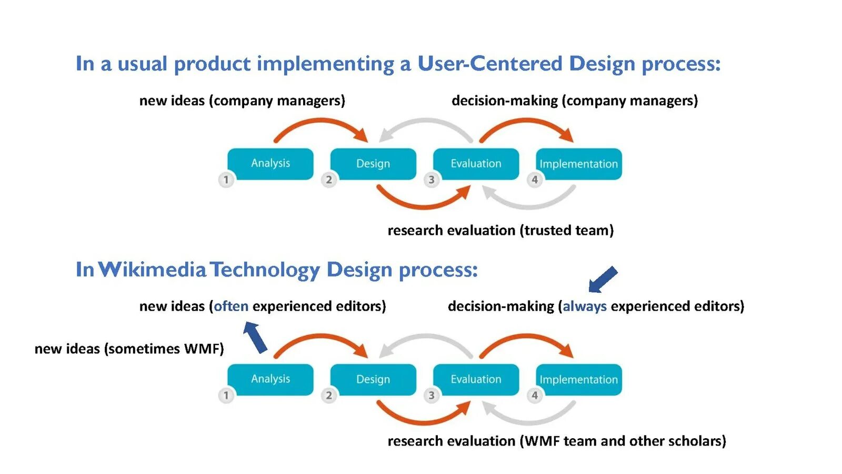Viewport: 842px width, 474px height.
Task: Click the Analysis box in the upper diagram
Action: pos(270,163)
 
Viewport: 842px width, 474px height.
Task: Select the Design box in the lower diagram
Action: pos(373,379)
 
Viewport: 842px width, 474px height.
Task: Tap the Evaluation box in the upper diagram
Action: pos(476,163)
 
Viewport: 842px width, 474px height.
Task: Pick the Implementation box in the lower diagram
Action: pos(578,379)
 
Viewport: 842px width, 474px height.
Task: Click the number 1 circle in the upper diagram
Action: pos(226,180)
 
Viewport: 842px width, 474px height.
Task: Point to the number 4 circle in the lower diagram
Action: pos(535,395)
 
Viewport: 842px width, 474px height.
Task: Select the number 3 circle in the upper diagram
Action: pos(432,180)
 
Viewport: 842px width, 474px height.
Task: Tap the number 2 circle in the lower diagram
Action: pos(329,395)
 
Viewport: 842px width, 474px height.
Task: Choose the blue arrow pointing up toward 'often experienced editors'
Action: pos(255,337)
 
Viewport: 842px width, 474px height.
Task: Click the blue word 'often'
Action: pos(231,306)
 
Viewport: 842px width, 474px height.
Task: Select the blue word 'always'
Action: pos(585,306)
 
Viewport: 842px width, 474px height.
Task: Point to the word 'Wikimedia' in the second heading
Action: pos(152,270)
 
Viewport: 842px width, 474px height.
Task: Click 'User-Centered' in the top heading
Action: pos(490,64)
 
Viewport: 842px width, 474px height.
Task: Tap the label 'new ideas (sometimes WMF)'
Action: pos(129,349)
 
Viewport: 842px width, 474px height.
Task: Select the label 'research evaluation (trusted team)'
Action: pos(500,230)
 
